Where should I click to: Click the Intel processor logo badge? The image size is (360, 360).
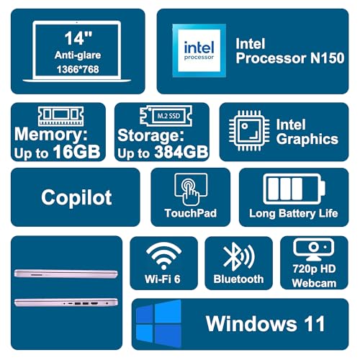[199, 50]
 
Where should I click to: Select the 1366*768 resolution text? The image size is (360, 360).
[78, 69]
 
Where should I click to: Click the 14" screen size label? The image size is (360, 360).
[78, 38]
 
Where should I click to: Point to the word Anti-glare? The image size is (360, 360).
[78, 55]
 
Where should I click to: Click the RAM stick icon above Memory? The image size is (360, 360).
[61, 116]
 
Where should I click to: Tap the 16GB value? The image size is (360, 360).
[76, 152]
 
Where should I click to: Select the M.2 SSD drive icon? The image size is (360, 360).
[166, 116]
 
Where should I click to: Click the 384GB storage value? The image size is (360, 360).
[181, 152]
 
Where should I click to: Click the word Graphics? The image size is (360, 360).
[307, 140]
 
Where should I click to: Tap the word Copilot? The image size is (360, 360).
[76, 197]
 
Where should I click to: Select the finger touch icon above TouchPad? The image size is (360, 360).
[191, 189]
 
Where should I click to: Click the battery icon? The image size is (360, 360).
[294, 189]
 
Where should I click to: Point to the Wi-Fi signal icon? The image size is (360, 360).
[163, 256]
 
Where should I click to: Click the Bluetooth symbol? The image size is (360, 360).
[239, 256]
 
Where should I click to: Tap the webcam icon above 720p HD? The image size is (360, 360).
[313, 250]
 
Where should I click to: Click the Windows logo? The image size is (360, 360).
[158, 323]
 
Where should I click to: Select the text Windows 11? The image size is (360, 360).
[266, 323]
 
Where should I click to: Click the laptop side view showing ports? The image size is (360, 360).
[66, 302]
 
